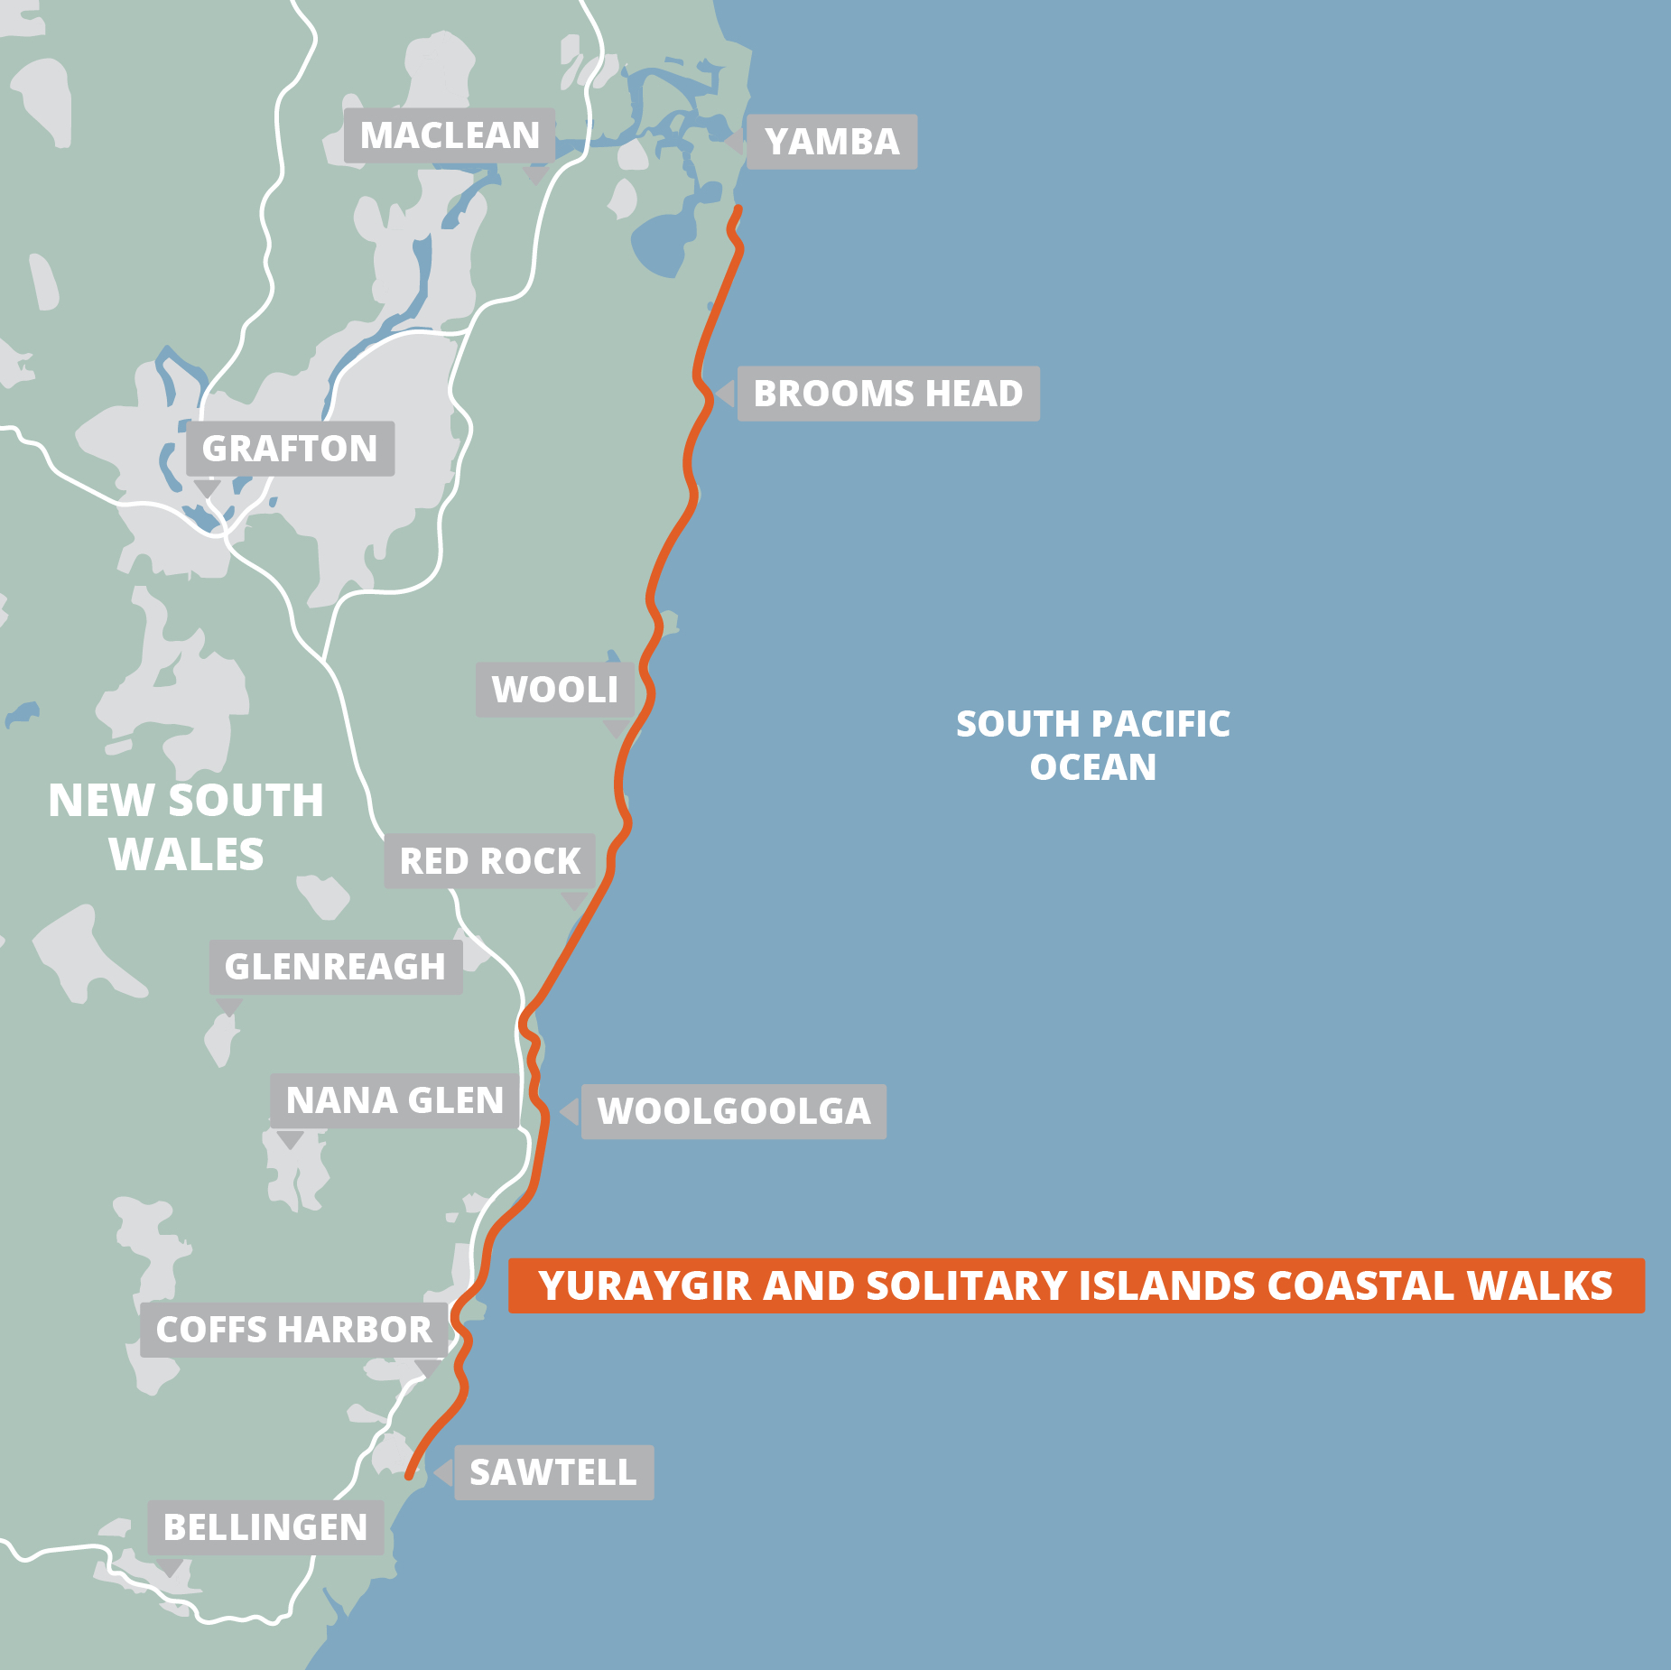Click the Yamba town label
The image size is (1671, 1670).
(831, 142)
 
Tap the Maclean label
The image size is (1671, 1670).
(449, 135)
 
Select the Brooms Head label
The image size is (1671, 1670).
(888, 394)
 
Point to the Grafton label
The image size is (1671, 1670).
(290, 449)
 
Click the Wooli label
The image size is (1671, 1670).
(554, 690)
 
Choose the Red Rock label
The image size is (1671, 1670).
(489, 861)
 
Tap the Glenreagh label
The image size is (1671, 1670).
(335, 967)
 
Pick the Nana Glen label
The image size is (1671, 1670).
(395, 1100)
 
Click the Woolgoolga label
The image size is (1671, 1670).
(733, 1111)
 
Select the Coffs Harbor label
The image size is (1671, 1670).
(293, 1330)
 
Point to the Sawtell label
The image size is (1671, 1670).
(552, 1472)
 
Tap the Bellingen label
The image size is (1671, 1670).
(265, 1527)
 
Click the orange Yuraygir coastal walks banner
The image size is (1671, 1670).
(1075, 1285)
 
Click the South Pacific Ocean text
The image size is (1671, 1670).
(1092, 745)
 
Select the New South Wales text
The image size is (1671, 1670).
(186, 827)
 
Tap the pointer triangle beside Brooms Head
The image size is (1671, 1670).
(725, 394)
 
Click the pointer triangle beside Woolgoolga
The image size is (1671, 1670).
(570, 1111)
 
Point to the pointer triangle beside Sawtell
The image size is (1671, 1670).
(443, 1472)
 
